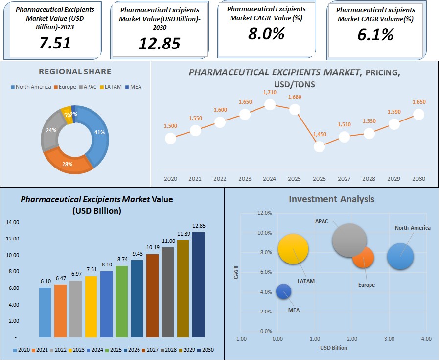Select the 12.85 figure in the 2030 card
(159, 44)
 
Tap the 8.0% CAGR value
(266, 33)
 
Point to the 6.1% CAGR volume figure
(375, 34)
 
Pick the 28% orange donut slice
(68, 162)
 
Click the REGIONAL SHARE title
(75, 72)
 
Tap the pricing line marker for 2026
(319, 146)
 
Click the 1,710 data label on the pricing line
(270, 92)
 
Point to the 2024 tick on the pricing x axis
(270, 179)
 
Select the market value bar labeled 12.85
(198, 285)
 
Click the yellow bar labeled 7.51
(91, 307)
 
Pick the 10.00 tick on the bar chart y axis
(12, 255)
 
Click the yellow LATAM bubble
(293, 249)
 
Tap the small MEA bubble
(283, 292)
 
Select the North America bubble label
(413, 228)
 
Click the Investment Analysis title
(331, 199)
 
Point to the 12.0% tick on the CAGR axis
(264, 213)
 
